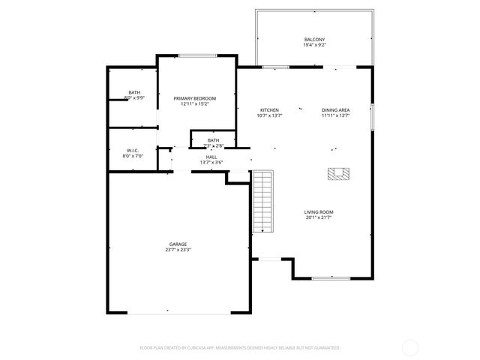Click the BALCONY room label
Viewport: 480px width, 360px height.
315,39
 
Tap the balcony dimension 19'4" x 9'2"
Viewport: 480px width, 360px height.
315,45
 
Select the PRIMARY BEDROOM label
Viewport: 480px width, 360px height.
194,98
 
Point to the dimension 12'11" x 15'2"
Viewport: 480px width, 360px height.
194,104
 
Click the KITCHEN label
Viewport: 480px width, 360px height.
269,109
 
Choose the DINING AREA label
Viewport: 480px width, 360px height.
336,109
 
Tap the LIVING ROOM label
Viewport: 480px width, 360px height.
319,212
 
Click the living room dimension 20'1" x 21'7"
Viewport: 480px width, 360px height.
319,218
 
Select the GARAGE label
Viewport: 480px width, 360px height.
178,244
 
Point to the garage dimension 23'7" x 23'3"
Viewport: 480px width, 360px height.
178,250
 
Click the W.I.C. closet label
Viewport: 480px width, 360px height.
132,150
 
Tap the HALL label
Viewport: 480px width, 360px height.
211,156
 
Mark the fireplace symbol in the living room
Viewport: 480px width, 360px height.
338,174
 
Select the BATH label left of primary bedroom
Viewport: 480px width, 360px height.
133,92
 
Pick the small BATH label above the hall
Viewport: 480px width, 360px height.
213,140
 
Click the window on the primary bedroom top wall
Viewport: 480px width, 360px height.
198,55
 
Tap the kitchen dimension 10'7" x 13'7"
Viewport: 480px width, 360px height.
269,115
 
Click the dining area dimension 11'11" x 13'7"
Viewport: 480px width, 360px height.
336,115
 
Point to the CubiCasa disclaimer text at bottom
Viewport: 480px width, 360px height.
240,348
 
